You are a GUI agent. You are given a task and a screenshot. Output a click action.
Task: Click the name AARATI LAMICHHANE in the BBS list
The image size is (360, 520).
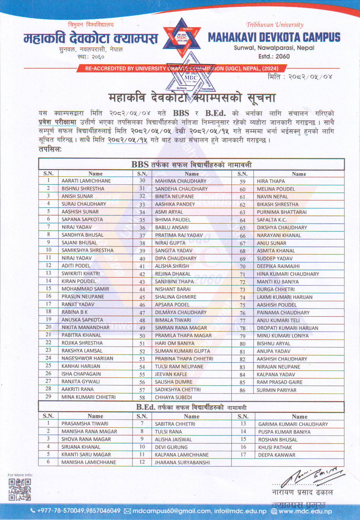tap(86, 181)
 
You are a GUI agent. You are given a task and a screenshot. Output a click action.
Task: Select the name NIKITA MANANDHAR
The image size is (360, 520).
tap(85, 327)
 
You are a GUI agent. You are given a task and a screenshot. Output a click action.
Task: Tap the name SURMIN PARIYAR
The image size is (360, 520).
tap(276, 390)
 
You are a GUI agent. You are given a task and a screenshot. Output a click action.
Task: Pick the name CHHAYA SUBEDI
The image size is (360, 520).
tap(173, 397)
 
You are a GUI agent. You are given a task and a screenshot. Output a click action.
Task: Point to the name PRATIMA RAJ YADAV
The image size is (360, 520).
tap(179, 235)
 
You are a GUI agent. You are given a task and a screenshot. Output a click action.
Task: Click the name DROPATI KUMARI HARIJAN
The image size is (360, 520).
tap(287, 328)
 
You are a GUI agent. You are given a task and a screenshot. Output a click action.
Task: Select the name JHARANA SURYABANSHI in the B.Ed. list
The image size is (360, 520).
tap(182, 462)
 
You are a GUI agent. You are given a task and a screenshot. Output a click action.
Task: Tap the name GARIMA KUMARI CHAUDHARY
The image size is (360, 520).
tap(293, 424)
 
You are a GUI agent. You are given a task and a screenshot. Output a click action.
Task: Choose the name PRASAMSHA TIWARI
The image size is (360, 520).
tap(85, 424)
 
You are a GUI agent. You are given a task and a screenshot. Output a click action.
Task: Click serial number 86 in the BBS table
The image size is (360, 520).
tap(243, 390)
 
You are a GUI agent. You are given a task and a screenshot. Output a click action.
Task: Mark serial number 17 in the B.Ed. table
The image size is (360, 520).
tap(243, 454)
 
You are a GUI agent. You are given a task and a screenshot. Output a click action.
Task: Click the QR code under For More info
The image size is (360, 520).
tap(20, 489)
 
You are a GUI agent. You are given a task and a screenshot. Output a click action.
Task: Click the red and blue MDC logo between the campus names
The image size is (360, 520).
tap(182, 38)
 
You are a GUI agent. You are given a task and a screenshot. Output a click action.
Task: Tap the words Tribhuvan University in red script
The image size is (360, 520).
tap(275, 25)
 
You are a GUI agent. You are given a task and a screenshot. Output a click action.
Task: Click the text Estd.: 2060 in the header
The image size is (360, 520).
tap(274, 56)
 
